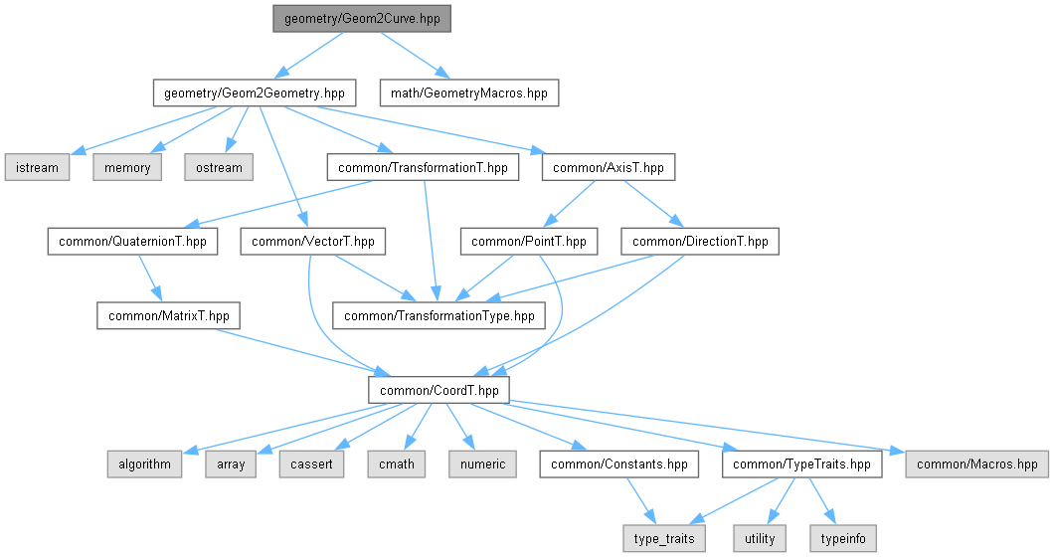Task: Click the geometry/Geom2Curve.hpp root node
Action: tap(360, 19)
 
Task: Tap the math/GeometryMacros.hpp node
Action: tap(469, 93)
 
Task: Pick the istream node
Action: tap(36, 167)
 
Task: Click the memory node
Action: tap(127, 167)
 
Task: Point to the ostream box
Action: tap(218, 167)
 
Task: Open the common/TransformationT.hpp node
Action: tap(423, 167)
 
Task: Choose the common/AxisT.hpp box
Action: tap(609, 167)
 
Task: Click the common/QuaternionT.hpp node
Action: tap(132, 241)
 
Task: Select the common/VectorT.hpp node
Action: tap(312, 241)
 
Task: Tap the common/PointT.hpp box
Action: tap(528, 241)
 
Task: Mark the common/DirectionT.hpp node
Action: tap(700, 241)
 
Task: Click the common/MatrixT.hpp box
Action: tap(169, 315)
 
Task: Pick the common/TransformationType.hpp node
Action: tap(439, 315)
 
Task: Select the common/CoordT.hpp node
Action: tap(439, 390)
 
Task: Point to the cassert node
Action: tap(313, 464)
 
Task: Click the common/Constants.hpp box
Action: tap(619, 464)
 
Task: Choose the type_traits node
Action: tap(665, 538)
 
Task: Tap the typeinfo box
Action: tap(843, 538)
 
